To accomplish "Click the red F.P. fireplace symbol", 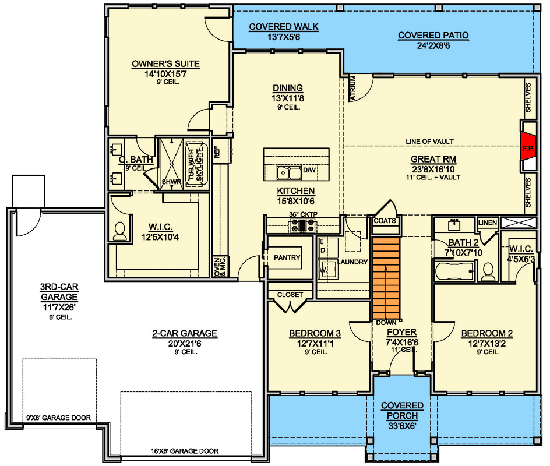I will pos(528,148).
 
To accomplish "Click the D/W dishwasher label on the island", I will pos(309,171).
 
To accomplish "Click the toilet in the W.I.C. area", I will pos(120,231).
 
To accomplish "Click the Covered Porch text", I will pos(402,410).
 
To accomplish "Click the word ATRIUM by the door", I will pos(353,89).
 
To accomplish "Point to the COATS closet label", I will pos(385,221).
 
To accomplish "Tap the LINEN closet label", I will pos(487,223).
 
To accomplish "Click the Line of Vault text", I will pos(430,142).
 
